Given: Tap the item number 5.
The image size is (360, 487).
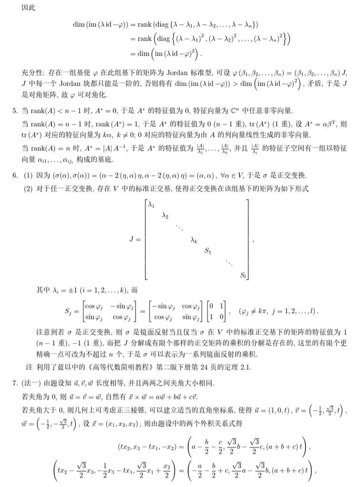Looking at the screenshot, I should (14, 111).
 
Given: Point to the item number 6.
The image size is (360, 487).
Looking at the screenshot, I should (14, 175).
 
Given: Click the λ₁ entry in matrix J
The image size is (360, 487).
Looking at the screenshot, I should (151, 205).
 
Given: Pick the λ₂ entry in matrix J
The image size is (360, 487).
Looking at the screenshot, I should (165, 217).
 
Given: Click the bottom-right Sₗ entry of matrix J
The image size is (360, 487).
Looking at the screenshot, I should (242, 275).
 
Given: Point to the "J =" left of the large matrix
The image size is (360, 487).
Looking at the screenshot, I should (134, 240).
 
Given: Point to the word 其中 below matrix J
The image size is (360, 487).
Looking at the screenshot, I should (42, 290).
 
